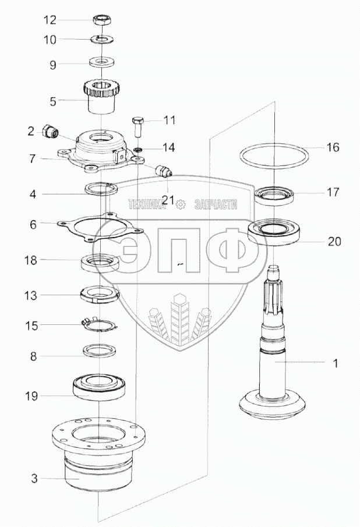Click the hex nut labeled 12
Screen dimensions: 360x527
[x=101, y=21]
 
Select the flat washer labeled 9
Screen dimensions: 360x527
[x=102, y=61]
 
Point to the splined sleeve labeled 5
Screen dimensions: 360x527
[x=101, y=99]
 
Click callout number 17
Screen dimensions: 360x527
[x=332, y=193]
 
